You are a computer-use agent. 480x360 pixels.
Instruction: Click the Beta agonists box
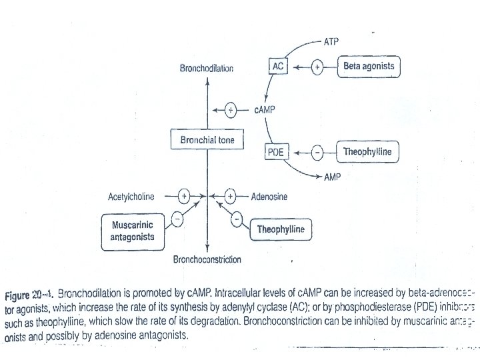369,66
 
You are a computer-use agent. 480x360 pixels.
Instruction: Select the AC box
279,66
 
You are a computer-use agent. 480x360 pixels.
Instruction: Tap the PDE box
275,153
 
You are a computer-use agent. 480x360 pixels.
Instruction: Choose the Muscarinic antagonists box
133,231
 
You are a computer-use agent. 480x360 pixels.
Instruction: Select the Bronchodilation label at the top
207,69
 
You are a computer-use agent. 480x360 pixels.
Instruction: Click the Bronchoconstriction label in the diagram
207,259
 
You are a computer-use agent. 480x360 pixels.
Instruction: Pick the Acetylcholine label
131,197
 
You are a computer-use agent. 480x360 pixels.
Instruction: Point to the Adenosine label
269,197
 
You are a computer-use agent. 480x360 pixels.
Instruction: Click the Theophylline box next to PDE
367,152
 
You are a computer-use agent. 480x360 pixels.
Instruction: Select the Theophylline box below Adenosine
281,230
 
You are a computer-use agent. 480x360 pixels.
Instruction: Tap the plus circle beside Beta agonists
318,67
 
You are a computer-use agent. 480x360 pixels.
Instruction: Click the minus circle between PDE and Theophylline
318,153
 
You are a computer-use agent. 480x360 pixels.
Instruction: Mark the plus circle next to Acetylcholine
185,197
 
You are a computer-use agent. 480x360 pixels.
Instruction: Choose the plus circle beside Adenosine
231,197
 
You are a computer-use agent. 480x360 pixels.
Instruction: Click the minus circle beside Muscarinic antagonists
177,217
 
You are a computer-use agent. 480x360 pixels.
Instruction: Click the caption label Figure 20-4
30,293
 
